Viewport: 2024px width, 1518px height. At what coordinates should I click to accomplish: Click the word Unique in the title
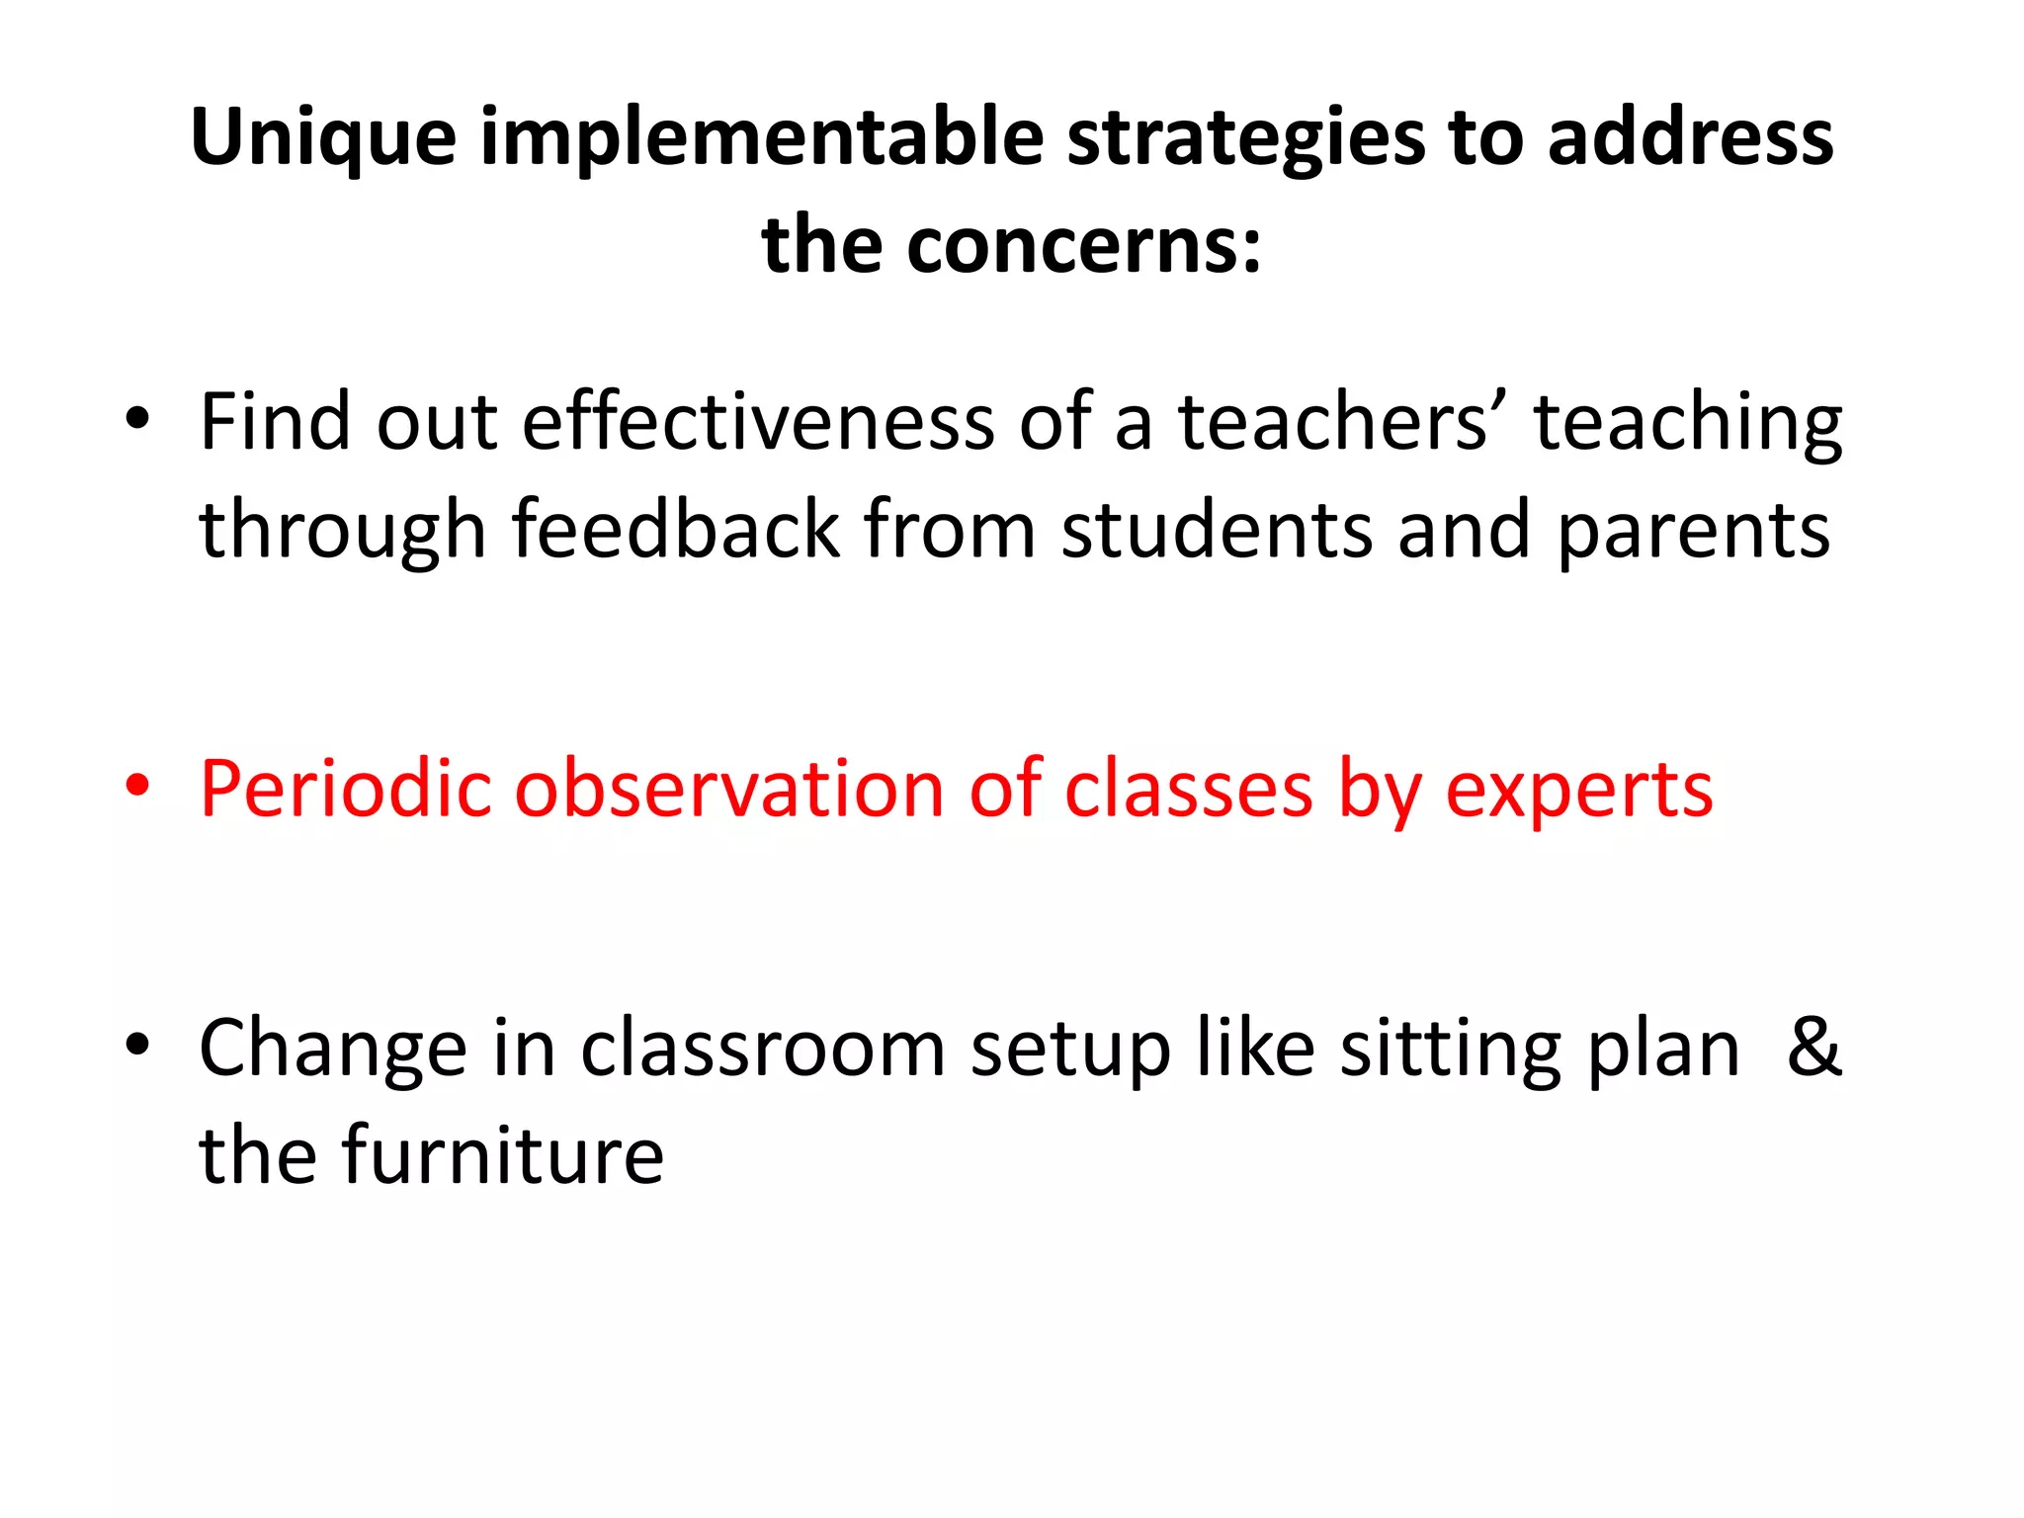coord(323,138)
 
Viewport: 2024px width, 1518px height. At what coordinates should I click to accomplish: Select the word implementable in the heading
coord(762,138)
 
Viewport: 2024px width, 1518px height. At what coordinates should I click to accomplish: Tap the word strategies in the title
coord(1246,138)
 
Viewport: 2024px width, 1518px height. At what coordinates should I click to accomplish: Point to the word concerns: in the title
coord(1084,245)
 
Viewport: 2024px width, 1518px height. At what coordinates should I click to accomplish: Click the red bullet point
coord(137,786)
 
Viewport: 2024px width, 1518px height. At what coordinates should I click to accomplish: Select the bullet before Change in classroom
coord(137,1044)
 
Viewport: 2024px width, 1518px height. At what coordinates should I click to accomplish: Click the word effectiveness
coord(758,422)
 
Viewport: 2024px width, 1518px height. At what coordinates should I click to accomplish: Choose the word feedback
coord(676,530)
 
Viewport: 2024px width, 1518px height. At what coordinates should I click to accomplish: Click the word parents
coord(1694,532)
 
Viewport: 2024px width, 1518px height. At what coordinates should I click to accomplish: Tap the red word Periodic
coord(345,790)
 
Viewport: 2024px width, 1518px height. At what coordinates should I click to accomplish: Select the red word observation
coord(729,790)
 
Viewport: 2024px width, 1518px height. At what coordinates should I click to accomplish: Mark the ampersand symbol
coord(1814,1047)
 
